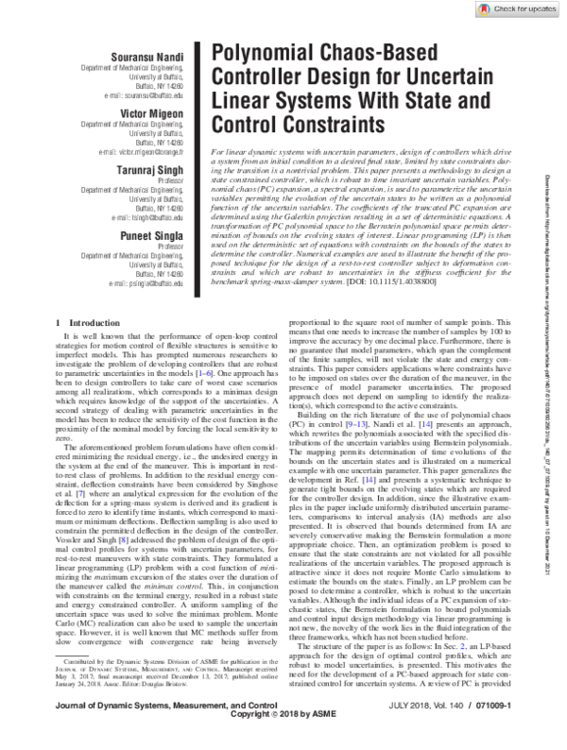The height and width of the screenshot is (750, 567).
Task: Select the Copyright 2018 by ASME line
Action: (x=283, y=741)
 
